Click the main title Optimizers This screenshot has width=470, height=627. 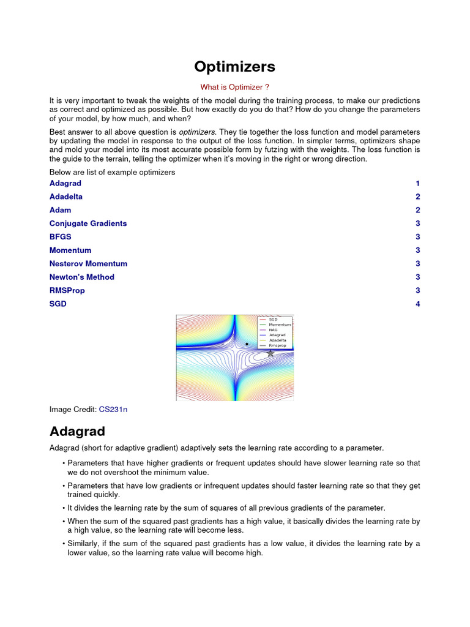234,66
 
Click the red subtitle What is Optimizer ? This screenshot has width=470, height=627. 234,87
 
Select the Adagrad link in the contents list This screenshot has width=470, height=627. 65,183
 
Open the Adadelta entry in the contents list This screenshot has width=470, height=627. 65,197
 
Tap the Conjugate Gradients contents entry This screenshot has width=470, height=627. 88,223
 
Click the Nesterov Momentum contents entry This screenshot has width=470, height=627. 88,263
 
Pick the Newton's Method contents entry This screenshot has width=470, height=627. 81,277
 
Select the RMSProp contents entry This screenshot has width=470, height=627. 67,290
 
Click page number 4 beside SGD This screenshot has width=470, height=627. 417,304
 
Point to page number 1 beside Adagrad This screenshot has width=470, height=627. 417,183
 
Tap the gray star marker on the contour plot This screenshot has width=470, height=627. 270,353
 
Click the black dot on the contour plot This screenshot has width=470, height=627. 247,344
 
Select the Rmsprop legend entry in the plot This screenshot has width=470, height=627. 277,345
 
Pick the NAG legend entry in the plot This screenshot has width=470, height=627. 274,329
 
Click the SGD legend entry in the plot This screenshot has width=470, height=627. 273,319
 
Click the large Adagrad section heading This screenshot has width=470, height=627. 77,431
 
